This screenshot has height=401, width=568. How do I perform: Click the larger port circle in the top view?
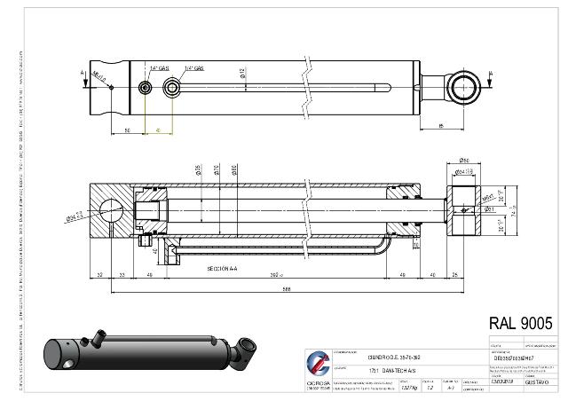point(170,86)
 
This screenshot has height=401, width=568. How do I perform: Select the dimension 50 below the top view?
point(128,130)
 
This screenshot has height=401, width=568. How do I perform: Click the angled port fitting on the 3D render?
point(96,338)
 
